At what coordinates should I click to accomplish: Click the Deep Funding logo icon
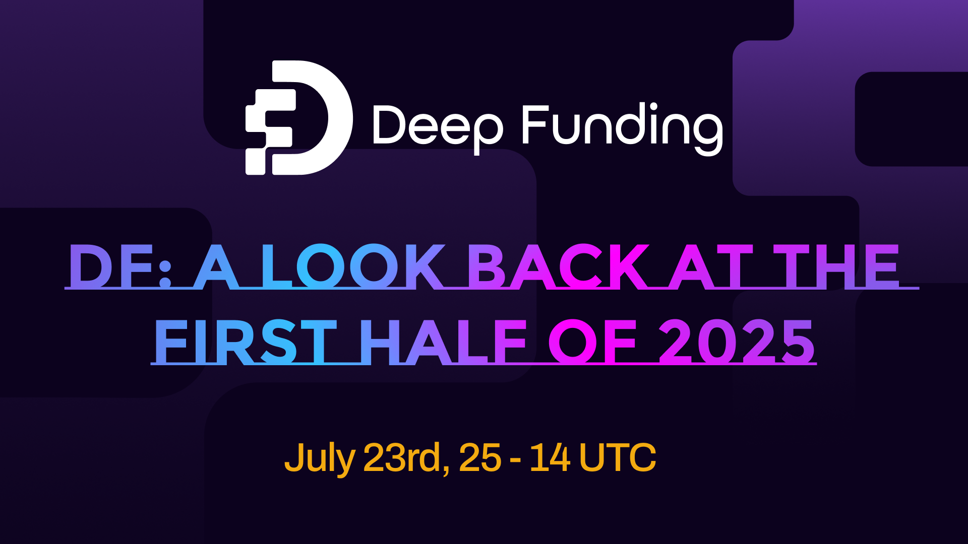pos(298,118)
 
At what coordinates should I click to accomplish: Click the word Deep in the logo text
pos(437,125)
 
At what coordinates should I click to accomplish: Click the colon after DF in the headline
pos(165,272)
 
